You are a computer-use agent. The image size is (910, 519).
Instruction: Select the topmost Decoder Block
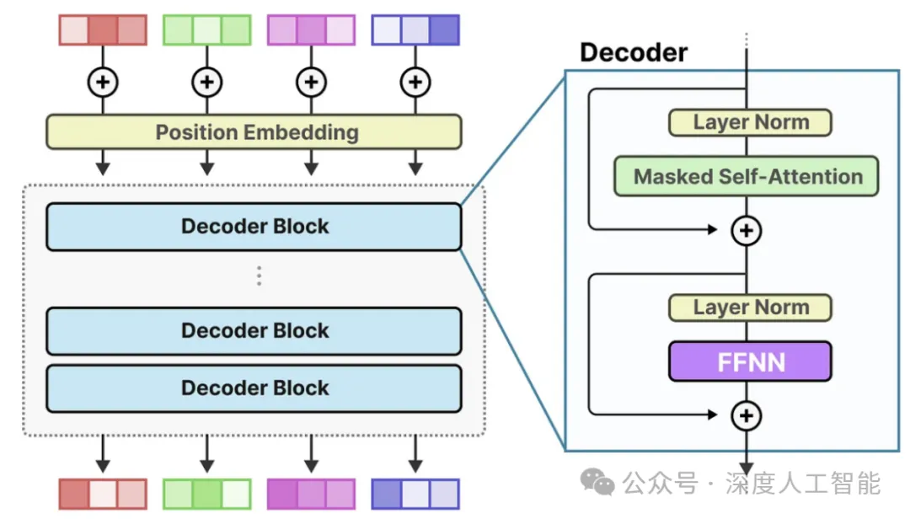(x=254, y=227)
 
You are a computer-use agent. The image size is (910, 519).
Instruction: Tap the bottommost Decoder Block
(x=254, y=388)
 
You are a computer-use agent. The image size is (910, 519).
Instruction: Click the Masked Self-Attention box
(x=747, y=177)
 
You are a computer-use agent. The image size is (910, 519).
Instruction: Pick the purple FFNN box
(x=750, y=361)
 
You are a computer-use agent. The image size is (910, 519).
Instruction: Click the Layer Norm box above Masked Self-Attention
(x=750, y=122)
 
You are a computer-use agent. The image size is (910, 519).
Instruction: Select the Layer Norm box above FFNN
(x=750, y=308)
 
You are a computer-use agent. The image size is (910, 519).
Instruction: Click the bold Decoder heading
(x=634, y=53)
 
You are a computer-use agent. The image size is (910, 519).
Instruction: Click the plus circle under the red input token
(x=103, y=82)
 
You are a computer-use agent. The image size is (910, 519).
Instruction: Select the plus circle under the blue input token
(x=415, y=82)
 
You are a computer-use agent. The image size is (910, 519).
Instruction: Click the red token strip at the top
(x=103, y=29)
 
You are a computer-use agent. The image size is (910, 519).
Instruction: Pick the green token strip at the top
(x=206, y=29)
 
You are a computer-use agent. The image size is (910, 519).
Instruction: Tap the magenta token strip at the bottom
(x=311, y=495)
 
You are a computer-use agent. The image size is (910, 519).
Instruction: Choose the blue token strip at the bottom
(x=415, y=495)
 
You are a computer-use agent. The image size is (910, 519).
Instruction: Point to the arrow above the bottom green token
(x=206, y=456)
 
